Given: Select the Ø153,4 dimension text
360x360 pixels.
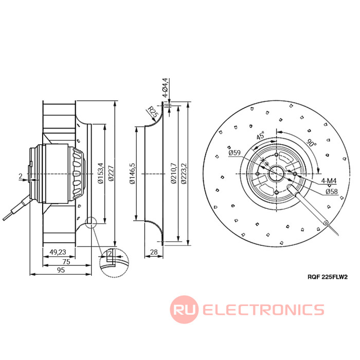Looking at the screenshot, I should [101, 175].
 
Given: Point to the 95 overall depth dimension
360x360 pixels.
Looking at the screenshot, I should [60, 270].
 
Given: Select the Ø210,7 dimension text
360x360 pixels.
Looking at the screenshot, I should [173, 175].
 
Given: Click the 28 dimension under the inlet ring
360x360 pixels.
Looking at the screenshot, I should [153, 252].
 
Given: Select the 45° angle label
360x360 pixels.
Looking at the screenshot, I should [261, 136].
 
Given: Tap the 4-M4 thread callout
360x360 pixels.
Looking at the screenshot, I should [329, 181].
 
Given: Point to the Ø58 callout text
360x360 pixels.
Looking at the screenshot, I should [331, 191].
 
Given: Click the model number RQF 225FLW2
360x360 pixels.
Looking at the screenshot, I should [327, 277].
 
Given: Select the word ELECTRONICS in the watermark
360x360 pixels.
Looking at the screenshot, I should [263, 310].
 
